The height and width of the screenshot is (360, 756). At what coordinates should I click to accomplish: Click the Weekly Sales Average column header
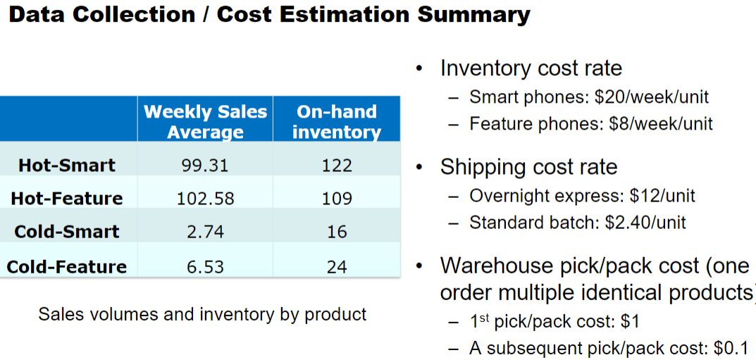(x=205, y=121)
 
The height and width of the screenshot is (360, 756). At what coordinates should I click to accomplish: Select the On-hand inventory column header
(x=336, y=121)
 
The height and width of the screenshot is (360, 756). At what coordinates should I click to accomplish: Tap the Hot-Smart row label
(x=67, y=166)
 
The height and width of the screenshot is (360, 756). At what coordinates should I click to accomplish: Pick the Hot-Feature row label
(x=67, y=199)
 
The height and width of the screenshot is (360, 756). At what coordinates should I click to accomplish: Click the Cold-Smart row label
(x=67, y=232)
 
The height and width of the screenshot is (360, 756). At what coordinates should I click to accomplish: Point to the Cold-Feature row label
(x=67, y=267)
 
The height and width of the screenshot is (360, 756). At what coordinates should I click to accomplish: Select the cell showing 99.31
(x=205, y=166)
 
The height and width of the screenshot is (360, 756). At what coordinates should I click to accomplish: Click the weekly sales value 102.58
(x=205, y=199)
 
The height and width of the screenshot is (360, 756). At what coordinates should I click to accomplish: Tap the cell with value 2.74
(x=205, y=232)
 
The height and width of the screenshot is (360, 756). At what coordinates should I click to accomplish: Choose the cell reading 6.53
(x=205, y=267)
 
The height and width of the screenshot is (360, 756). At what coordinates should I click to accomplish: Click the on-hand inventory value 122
(x=336, y=166)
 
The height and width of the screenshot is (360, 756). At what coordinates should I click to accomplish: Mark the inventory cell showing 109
(x=336, y=199)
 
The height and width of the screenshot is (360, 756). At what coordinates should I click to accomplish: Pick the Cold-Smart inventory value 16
(x=336, y=232)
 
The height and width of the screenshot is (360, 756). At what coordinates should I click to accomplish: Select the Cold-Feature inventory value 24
(x=336, y=267)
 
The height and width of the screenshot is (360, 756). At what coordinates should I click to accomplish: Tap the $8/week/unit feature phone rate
(x=664, y=124)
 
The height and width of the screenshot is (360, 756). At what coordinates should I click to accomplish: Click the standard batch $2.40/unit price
(x=645, y=223)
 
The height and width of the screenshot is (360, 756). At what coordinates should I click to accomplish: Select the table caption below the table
(x=202, y=314)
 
